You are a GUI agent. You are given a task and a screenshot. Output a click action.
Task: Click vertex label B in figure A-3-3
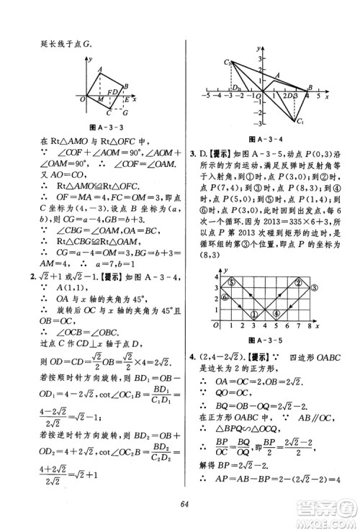[x=126, y=87]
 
